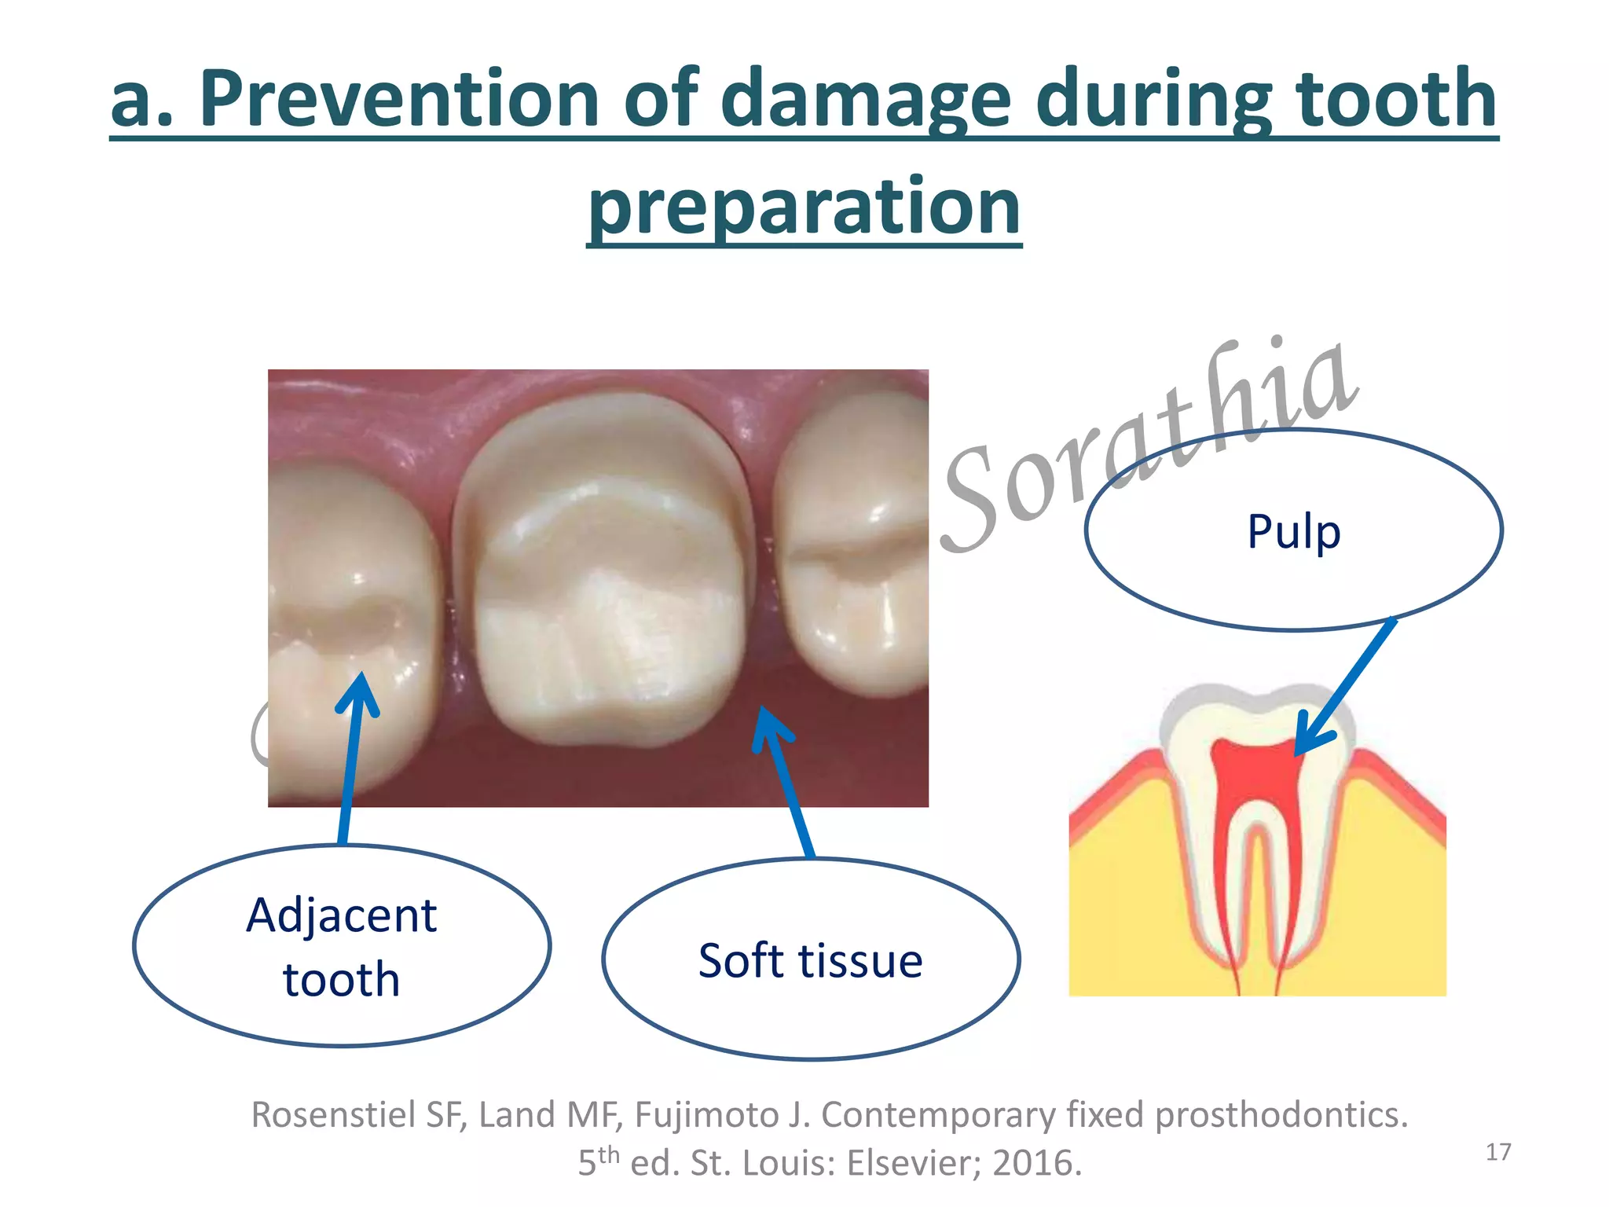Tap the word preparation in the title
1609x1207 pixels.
tap(804, 207)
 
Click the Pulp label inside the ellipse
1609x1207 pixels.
tap(1293, 532)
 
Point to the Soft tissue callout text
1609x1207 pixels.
tap(810, 961)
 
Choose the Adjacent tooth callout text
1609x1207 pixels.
tap(341, 947)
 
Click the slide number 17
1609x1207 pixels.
tap(1498, 1152)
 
